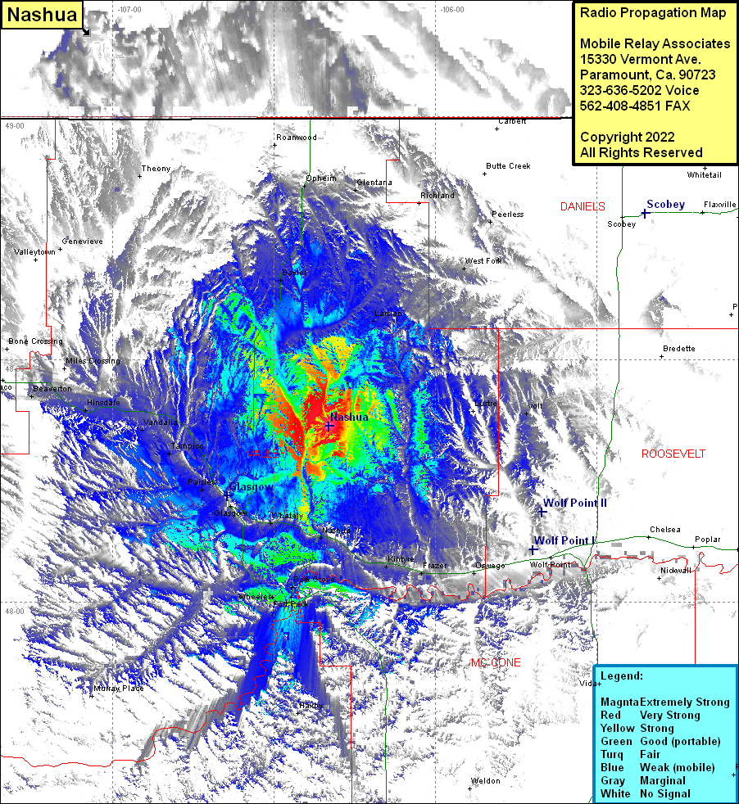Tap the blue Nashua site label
click(350, 417)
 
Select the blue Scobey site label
click(665, 204)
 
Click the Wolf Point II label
click(575, 502)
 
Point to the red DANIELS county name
click(583, 206)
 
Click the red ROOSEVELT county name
click(673, 454)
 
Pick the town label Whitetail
click(705, 174)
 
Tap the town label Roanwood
click(296, 138)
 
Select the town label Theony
click(156, 169)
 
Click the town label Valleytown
click(34, 252)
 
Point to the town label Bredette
click(678, 349)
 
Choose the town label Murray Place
click(118, 689)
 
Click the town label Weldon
click(486, 781)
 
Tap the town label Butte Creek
click(508, 166)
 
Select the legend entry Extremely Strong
click(684, 702)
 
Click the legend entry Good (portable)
click(680, 741)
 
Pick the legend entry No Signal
click(664, 793)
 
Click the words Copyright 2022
click(627, 137)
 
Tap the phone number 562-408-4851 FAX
click(635, 106)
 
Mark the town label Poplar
click(707, 540)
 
